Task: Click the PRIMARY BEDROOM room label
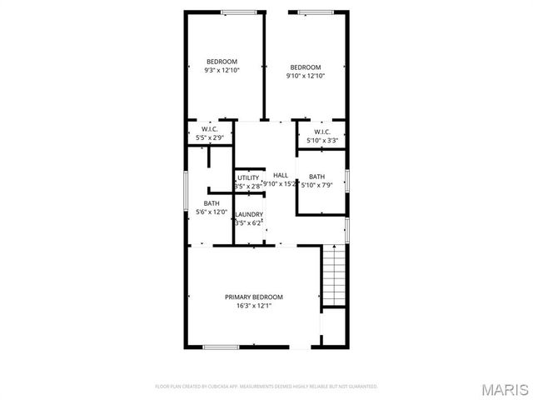click(x=254, y=297)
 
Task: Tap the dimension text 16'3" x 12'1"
click(x=254, y=306)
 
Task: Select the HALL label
click(x=280, y=175)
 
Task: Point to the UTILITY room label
click(x=248, y=177)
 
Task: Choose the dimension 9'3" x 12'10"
click(x=222, y=70)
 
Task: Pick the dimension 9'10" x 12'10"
click(x=305, y=76)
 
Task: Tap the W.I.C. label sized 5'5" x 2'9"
click(x=208, y=129)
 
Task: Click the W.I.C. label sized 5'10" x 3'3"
click(x=322, y=132)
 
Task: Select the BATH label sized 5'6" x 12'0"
click(x=212, y=203)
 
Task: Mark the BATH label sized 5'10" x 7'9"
click(x=316, y=177)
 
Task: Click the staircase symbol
click(x=332, y=277)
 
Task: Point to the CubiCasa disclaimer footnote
click(x=266, y=387)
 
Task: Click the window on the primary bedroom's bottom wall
click(x=222, y=347)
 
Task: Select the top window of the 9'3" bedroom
click(x=239, y=11)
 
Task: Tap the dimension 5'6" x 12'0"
click(x=212, y=212)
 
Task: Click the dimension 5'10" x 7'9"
click(x=316, y=185)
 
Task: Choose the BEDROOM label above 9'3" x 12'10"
click(x=222, y=62)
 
